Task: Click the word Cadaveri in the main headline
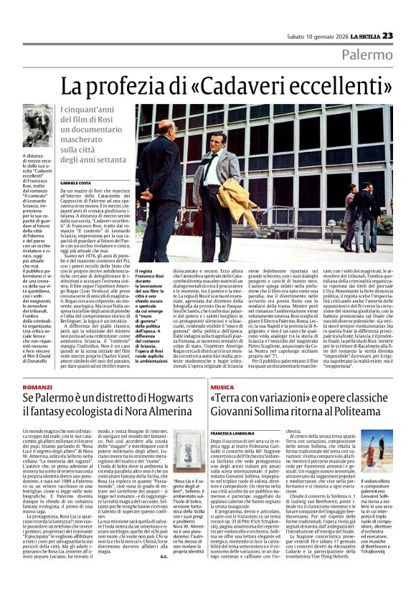255,88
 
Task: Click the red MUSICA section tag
222,386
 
